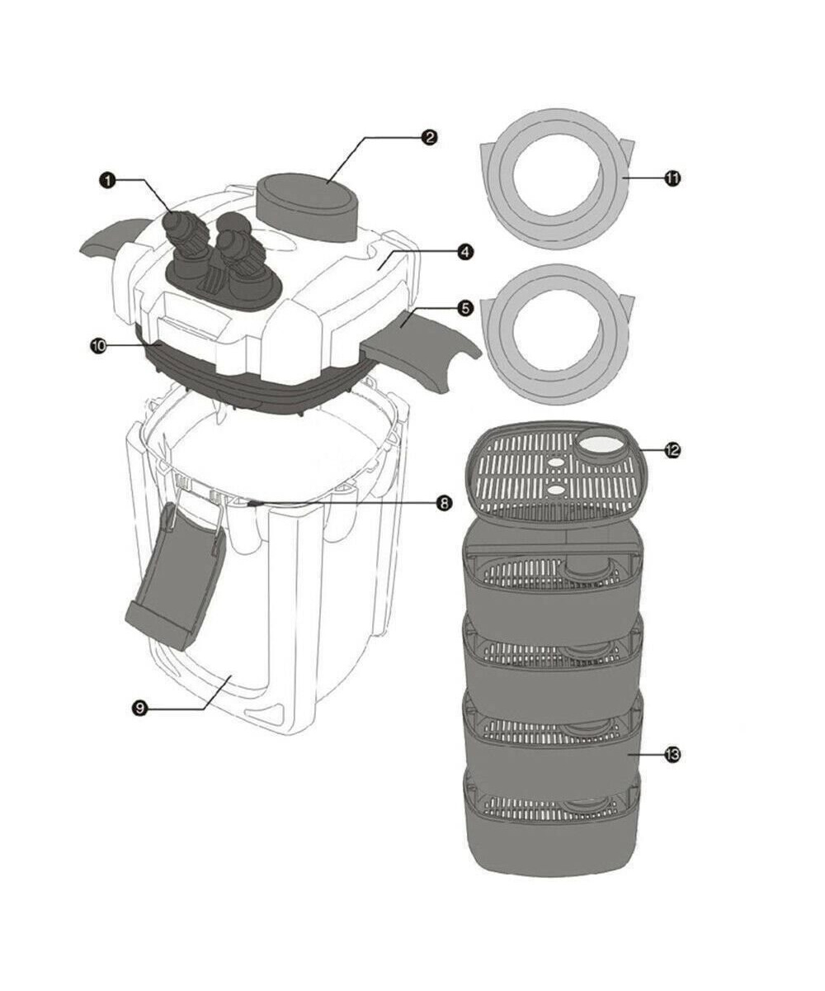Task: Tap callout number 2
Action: [429, 138]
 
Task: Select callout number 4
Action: [465, 252]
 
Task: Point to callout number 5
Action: [465, 308]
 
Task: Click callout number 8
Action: [443, 503]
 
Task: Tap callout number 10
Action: [98, 345]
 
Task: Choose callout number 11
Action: [672, 178]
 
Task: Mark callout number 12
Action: [672, 450]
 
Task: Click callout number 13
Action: [672, 754]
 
